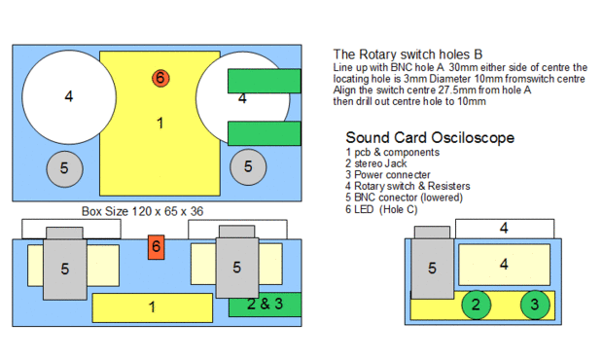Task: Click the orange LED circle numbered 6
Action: click(x=160, y=78)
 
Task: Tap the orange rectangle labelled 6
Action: click(x=157, y=247)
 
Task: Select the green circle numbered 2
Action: click(x=477, y=305)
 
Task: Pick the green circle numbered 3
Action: click(x=535, y=305)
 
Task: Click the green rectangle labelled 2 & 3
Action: click(x=265, y=305)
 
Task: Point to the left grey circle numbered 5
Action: click(x=64, y=169)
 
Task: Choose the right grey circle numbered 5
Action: click(x=248, y=167)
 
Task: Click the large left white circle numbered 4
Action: click(x=69, y=97)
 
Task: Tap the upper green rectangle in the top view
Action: click(x=265, y=81)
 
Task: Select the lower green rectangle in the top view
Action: click(x=265, y=133)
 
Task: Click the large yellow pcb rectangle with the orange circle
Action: click(x=160, y=124)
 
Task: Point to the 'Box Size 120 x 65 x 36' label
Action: click(x=142, y=211)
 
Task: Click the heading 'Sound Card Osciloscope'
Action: click(x=430, y=137)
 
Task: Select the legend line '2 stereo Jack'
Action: click(x=375, y=163)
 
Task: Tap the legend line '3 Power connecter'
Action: click(x=388, y=175)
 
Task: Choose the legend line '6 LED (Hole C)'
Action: click(x=381, y=209)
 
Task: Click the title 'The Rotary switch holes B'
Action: click(x=408, y=54)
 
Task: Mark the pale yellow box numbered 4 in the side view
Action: click(x=504, y=265)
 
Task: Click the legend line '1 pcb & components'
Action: click(x=392, y=153)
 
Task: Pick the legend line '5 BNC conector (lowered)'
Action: click(x=404, y=198)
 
